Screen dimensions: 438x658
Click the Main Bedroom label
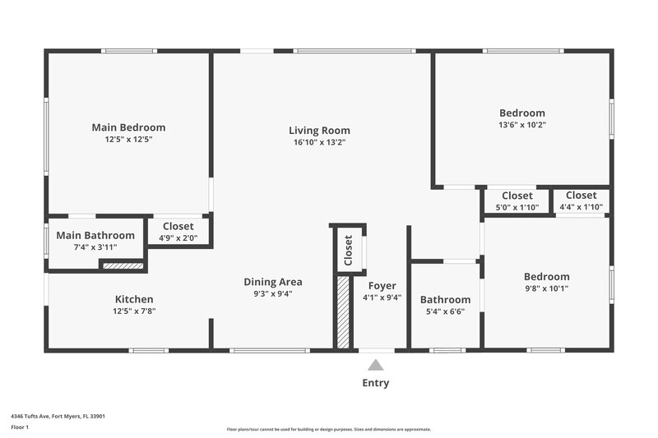pyautogui.click(x=128, y=127)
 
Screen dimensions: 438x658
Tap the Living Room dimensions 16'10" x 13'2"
pyautogui.click(x=319, y=142)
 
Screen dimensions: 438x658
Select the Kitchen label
pyautogui.click(x=133, y=299)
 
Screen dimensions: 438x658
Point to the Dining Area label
pyautogui.click(x=272, y=282)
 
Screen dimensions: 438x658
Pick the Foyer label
pyautogui.click(x=382, y=286)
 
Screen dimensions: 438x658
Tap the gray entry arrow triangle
pyautogui.click(x=376, y=365)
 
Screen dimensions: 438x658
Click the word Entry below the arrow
pyautogui.click(x=376, y=383)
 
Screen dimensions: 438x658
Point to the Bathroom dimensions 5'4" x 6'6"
pyautogui.click(x=445, y=312)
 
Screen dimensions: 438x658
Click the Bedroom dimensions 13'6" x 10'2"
pyautogui.click(x=522, y=125)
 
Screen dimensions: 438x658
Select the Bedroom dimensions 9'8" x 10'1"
pyautogui.click(x=547, y=288)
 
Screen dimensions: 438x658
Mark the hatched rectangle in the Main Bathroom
pyautogui.click(x=122, y=265)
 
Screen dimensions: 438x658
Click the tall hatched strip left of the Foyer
pyautogui.click(x=343, y=312)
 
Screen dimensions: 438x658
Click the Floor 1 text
pyautogui.click(x=19, y=427)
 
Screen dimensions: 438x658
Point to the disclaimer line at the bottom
pyautogui.click(x=328, y=429)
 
